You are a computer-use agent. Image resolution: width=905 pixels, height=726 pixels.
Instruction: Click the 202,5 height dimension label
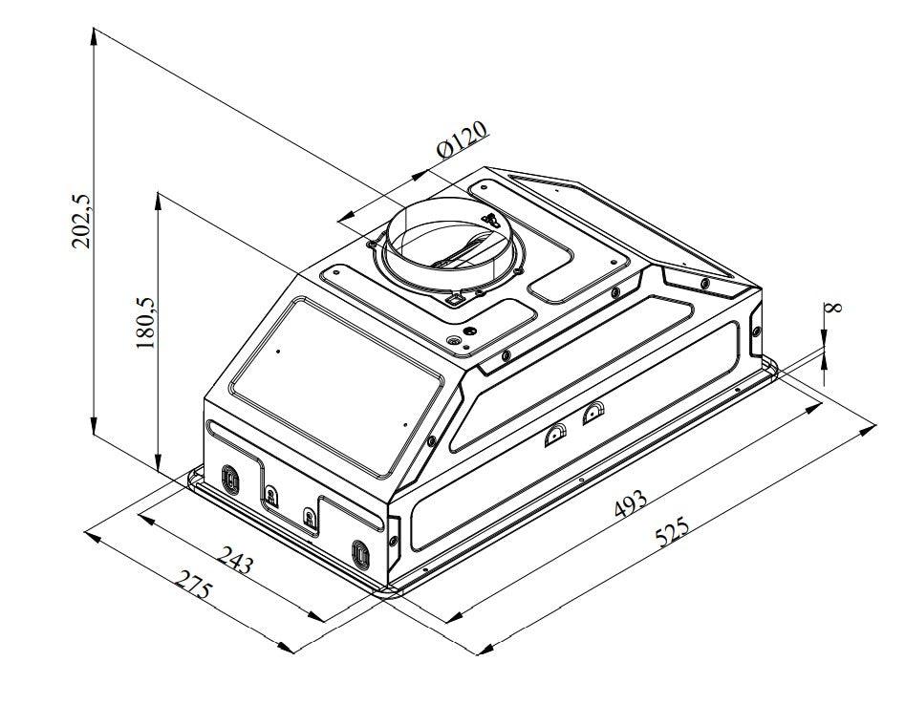82,221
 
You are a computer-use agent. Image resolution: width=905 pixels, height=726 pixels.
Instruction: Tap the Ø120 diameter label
463,139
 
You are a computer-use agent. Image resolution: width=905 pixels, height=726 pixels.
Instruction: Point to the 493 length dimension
630,503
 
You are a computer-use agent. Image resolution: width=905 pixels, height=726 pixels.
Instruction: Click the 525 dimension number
673,532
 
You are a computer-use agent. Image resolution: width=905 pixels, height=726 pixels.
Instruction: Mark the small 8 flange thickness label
833,308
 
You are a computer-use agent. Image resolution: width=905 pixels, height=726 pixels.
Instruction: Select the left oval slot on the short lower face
229,478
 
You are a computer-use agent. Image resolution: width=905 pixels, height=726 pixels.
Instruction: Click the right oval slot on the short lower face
360,553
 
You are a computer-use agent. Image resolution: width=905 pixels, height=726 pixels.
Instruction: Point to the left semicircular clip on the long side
554,437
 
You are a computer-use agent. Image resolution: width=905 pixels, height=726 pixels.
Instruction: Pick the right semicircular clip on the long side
593,412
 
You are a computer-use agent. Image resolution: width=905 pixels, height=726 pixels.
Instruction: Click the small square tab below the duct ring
456,299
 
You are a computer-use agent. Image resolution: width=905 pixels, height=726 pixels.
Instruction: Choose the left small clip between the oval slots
271,496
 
